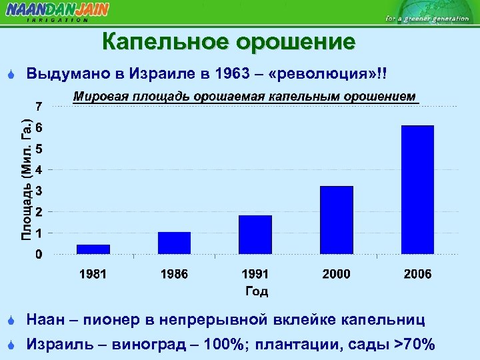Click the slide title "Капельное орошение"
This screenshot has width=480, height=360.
click(x=229, y=42)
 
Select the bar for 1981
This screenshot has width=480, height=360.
click(x=93, y=249)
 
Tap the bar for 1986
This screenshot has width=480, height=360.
click(x=174, y=243)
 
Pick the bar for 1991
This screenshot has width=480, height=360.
click(x=255, y=234)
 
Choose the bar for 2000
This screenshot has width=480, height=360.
click(x=337, y=220)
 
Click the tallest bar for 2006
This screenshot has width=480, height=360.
click(x=417, y=189)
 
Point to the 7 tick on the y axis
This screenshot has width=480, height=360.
click(x=39, y=106)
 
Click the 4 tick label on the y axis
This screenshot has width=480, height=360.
click(x=39, y=170)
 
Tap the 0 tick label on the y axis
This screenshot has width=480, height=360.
click(x=39, y=255)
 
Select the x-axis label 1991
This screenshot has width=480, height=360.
click(x=255, y=274)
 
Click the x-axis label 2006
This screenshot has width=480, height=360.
click(x=417, y=274)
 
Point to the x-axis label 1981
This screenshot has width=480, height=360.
click(x=93, y=274)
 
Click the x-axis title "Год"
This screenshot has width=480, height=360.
click(x=256, y=291)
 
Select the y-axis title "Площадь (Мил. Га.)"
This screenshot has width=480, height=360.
click(x=25, y=179)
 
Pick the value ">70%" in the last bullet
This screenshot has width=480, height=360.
click(x=415, y=344)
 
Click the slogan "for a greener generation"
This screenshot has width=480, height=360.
click(x=427, y=19)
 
